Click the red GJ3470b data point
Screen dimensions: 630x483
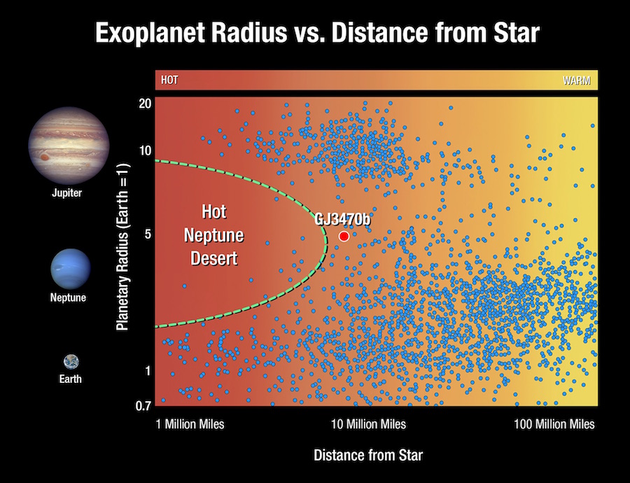344,237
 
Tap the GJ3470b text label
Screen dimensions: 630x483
342,219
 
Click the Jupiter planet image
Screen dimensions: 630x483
69,146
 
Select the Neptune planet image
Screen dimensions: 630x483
71,269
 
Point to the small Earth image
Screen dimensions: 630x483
71,362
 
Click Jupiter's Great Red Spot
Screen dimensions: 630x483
45,157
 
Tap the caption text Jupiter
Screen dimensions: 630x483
67,193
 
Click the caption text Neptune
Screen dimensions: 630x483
69,297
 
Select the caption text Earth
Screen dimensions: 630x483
70,379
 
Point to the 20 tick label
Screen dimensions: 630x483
145,104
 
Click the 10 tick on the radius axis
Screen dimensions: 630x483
145,150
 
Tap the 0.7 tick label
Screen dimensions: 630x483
143,406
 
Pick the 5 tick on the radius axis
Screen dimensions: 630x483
148,234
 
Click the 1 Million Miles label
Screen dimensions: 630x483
190,424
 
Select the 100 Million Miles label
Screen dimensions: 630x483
554,424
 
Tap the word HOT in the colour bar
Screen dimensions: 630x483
169,80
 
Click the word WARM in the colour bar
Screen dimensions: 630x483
577,80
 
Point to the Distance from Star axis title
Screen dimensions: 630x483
368,455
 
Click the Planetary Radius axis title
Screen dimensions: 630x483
122,246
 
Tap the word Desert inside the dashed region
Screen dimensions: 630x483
214,258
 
